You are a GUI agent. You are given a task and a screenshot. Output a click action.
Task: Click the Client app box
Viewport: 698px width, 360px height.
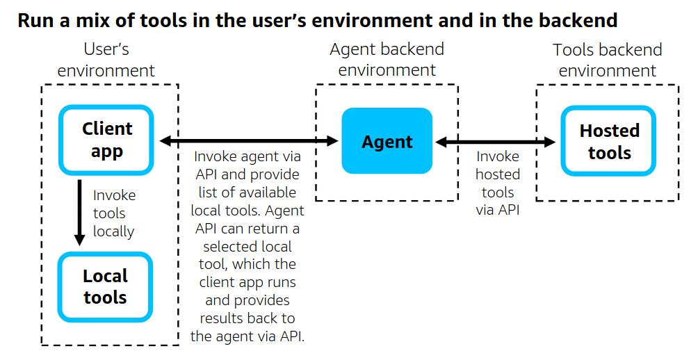(106, 140)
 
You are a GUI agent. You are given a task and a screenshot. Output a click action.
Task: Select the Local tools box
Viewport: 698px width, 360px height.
(105, 286)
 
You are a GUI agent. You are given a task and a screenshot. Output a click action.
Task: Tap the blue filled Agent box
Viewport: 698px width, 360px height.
(387, 142)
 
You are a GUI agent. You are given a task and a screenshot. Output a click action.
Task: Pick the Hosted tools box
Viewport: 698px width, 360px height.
(609, 141)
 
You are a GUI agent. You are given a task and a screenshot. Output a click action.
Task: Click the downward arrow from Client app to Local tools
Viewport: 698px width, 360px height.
(80, 213)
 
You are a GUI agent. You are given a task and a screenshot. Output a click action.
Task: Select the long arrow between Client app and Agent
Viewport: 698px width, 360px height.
(248, 141)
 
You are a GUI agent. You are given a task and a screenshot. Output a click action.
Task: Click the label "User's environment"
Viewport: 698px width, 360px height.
(106, 60)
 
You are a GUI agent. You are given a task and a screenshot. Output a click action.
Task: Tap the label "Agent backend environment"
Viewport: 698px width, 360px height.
(387, 60)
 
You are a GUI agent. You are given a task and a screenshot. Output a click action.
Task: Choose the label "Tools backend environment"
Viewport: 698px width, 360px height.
(607, 60)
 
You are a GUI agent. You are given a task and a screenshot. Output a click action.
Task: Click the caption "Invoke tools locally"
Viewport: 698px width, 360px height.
(114, 213)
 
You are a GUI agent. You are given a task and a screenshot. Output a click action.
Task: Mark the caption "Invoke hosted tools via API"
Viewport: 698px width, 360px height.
(498, 183)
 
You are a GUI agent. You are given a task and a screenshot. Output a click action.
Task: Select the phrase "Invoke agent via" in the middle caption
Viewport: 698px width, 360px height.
(247, 156)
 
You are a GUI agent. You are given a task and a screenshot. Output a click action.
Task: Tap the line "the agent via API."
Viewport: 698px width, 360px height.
(247, 336)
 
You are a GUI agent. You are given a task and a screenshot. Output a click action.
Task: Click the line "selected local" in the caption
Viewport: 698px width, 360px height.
(247, 246)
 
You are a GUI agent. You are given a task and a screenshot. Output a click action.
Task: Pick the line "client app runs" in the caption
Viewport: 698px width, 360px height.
(247, 282)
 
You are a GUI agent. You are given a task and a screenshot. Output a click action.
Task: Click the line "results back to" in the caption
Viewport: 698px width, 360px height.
(247, 318)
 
